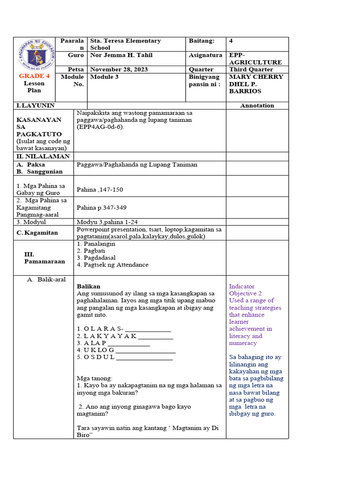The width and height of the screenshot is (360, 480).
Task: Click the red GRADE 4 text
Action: [34, 76]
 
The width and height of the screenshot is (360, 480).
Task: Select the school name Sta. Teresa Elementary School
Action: [125, 44]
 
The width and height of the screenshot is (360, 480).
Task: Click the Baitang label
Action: [202, 41]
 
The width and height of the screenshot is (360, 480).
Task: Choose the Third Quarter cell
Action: [251, 69]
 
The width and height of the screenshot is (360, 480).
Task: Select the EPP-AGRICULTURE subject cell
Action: [255, 59]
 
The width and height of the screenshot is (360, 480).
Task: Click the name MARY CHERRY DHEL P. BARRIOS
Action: [255, 84]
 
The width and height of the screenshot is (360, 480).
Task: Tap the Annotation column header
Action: [257, 105]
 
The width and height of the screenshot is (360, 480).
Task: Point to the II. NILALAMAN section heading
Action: [43, 156]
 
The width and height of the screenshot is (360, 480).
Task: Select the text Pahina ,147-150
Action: [100, 189]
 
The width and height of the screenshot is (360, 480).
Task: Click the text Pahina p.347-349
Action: [102, 208]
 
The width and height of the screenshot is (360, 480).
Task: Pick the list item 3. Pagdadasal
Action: [96, 258]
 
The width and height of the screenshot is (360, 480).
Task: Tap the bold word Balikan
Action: [89, 286]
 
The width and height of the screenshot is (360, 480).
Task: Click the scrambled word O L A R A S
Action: [99, 329]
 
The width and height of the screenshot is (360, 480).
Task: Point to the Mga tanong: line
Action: [94, 378]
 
